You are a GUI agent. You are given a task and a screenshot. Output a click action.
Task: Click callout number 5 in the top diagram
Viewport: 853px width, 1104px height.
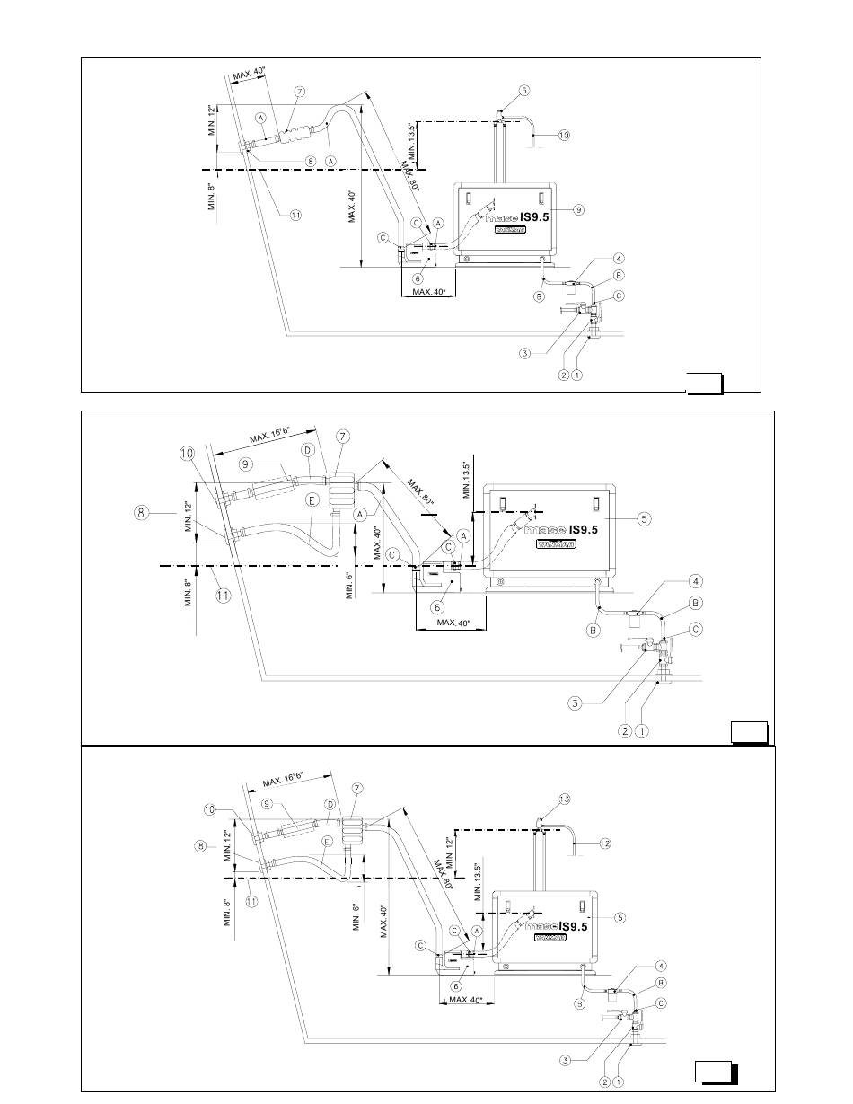pyautogui.click(x=524, y=90)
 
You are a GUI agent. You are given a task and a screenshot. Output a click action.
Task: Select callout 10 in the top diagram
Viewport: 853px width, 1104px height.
pyautogui.click(x=564, y=136)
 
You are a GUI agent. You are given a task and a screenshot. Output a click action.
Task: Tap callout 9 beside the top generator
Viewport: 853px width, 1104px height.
pyautogui.click(x=579, y=209)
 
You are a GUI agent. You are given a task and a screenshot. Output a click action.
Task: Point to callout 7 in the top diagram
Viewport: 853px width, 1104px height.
pyautogui.click(x=299, y=92)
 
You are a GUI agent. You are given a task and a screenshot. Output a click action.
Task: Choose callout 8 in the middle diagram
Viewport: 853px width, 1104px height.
pyautogui.click(x=141, y=514)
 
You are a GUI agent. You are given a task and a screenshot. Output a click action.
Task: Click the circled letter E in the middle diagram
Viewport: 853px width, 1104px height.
pyautogui.click(x=312, y=500)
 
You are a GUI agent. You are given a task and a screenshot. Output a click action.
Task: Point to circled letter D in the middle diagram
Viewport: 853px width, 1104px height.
pyautogui.click(x=308, y=449)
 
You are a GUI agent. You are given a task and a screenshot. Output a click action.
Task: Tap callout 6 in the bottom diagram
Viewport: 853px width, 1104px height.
pyautogui.click(x=455, y=985)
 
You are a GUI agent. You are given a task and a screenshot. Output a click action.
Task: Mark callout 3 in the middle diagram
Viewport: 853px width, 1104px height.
pyautogui.click(x=574, y=703)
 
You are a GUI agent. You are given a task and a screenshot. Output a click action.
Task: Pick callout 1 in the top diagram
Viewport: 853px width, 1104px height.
pyautogui.click(x=576, y=375)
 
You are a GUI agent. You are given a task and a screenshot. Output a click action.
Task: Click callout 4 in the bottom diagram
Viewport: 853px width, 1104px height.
pyautogui.click(x=662, y=966)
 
